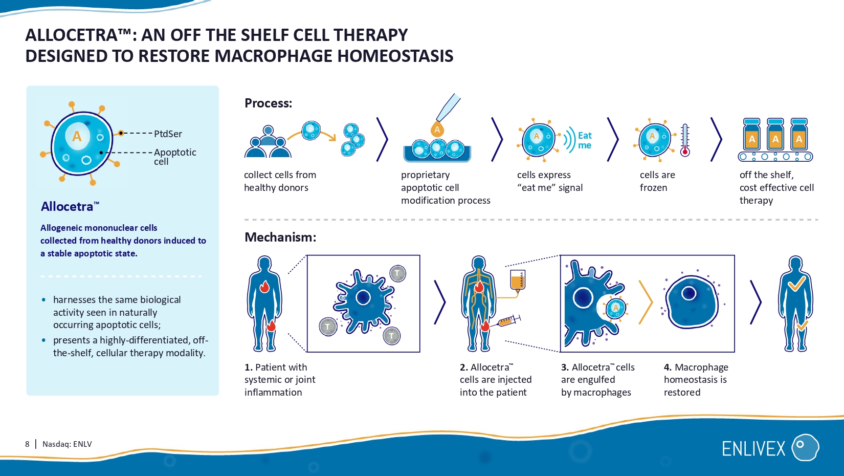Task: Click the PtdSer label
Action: [x=168, y=134]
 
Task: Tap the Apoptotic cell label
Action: [x=174, y=156]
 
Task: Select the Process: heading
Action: [x=268, y=103]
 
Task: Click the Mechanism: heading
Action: [x=280, y=237]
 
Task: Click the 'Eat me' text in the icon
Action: [x=585, y=140]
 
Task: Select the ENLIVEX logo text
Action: [x=753, y=449]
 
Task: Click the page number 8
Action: [x=27, y=444]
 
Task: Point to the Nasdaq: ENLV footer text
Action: [x=67, y=444]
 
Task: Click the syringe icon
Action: [x=508, y=321]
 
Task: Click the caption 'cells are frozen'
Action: [x=657, y=181]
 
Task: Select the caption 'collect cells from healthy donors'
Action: [x=280, y=181]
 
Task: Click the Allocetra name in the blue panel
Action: [x=68, y=207]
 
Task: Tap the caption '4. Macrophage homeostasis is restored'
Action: [x=696, y=380]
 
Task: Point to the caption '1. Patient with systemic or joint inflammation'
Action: [x=280, y=380]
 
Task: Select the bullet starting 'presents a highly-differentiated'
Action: [x=130, y=347]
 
